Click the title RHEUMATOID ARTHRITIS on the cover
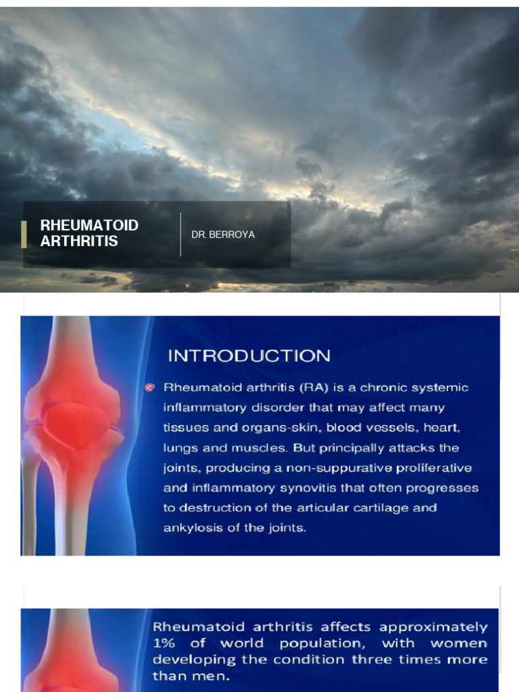(x=89, y=233)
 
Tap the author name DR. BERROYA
(x=223, y=234)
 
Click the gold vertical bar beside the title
(x=24, y=234)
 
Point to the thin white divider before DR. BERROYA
(x=180, y=234)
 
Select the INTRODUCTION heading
(x=249, y=356)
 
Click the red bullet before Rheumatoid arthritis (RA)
(x=150, y=387)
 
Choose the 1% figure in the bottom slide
(x=162, y=643)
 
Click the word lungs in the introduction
(x=178, y=448)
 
